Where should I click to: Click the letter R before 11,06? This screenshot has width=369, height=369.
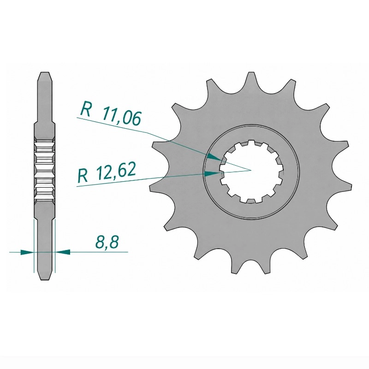coord(86,109)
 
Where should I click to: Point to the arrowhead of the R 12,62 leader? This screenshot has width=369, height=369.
coord(212,174)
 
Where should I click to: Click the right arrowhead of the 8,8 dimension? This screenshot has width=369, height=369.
coord(63,252)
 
